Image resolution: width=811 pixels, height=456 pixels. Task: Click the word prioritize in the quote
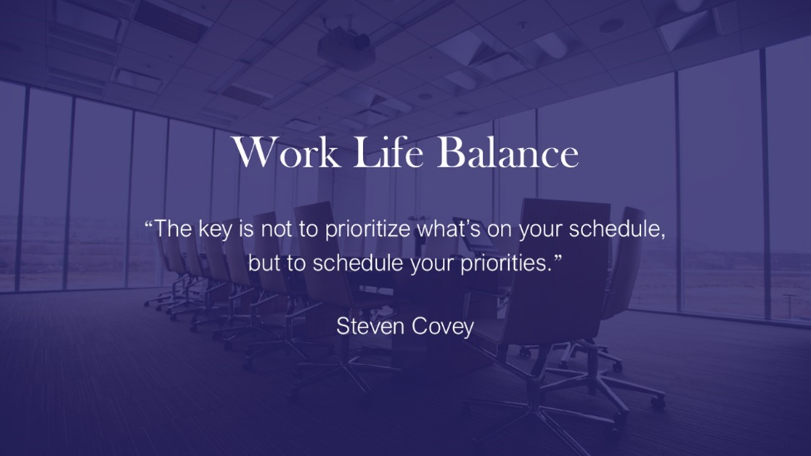(368, 230)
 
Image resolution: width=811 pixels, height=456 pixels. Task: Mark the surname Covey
(443, 327)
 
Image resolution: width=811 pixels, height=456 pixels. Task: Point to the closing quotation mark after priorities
(557, 257)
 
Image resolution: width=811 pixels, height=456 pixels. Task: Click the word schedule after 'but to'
(358, 263)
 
